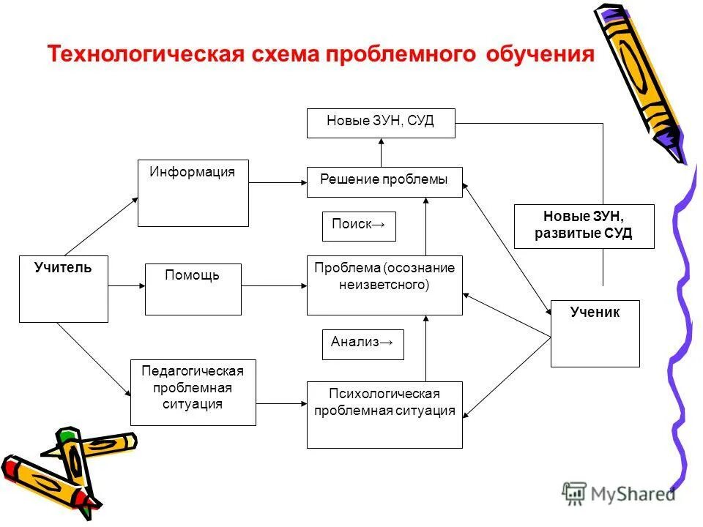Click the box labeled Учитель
(64, 289)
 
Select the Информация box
(193, 193)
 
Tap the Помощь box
(193, 289)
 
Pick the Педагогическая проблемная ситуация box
(193, 392)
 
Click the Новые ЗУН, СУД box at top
(381, 123)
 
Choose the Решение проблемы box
(384, 182)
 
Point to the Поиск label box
(359, 226)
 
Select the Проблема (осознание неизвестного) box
(384, 285)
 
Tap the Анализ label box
(363, 344)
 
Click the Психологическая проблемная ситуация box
(384, 414)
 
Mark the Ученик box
(595, 333)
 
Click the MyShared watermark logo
(619, 493)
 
